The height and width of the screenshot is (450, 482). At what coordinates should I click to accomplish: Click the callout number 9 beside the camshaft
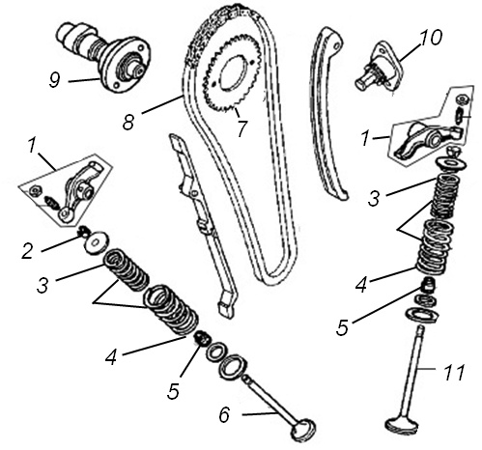55,80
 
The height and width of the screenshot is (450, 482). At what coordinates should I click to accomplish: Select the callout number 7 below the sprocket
241,128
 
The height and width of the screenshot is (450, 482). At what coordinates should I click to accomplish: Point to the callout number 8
128,123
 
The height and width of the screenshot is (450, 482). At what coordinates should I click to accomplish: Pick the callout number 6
224,414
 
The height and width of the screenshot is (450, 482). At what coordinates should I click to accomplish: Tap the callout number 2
28,251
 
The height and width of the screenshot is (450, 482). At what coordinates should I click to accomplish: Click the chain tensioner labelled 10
379,69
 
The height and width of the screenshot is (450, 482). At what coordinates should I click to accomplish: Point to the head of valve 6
303,429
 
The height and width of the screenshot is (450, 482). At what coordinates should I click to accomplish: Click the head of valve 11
402,423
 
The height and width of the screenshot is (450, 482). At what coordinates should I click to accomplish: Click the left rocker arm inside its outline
80,190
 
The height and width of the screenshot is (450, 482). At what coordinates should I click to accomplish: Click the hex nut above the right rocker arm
463,98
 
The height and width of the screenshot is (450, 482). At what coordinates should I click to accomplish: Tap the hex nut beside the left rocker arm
34,191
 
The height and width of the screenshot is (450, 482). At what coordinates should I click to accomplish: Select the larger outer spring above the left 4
171,309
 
